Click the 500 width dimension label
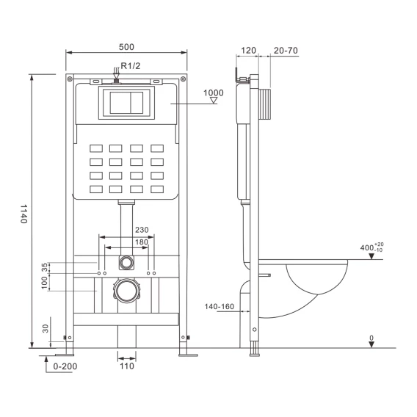126,47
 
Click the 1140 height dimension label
24,214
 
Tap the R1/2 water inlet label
131,65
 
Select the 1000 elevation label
214,93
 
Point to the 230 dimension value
142,230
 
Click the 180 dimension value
142,242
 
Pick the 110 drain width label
127,366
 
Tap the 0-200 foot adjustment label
65,366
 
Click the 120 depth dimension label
248,50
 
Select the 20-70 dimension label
286,50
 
